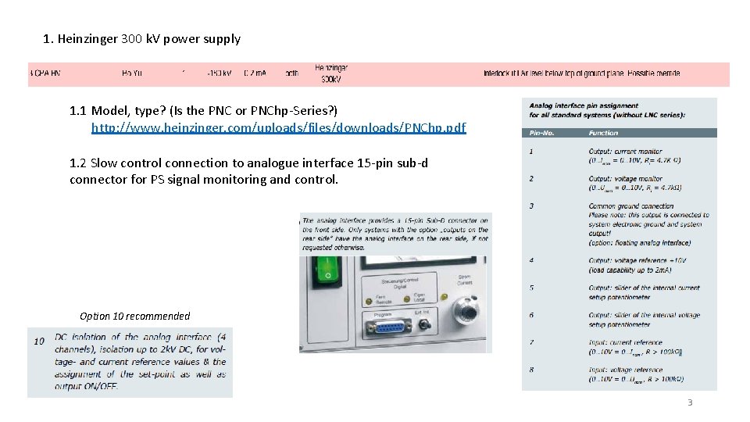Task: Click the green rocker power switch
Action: [328, 265]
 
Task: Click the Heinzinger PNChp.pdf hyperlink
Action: [278, 127]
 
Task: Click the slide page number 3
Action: [689, 402]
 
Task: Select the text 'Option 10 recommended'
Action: [134, 316]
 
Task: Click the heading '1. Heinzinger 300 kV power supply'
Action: [142, 38]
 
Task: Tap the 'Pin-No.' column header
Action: [541, 133]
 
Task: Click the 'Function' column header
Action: [603, 133]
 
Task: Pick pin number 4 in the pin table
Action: [531, 260]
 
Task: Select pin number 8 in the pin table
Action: [531, 370]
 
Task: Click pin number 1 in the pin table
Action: [531, 151]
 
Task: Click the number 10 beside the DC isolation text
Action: [39, 342]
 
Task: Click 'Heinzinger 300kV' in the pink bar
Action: [331, 73]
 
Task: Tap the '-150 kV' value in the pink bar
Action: [219, 73]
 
